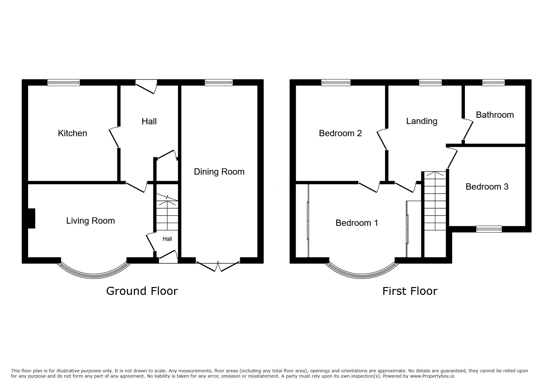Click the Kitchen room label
[x=72, y=133]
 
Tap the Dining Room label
[x=219, y=172]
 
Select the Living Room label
[x=91, y=221]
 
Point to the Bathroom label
[x=495, y=115]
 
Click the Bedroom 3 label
[x=487, y=187]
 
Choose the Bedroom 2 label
[x=340, y=133]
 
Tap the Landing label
[x=422, y=121]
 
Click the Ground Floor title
[x=142, y=291]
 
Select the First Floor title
[x=410, y=291]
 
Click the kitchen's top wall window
[x=64, y=82]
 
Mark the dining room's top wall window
[x=219, y=82]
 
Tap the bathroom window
[x=493, y=82]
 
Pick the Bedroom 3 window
[x=489, y=229]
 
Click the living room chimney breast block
[x=32, y=218]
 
